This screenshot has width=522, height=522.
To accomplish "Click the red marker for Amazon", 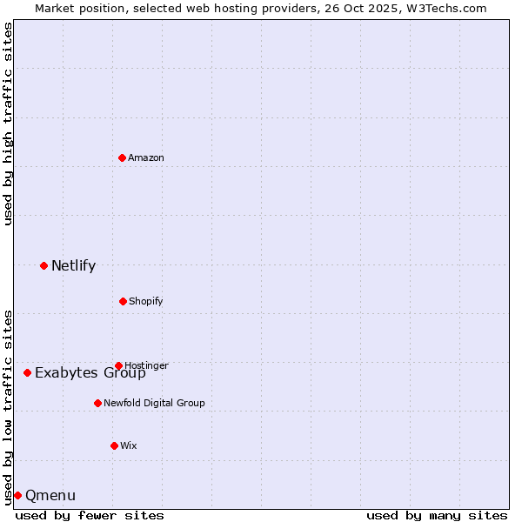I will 122,157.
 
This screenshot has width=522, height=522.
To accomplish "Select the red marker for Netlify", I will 43,265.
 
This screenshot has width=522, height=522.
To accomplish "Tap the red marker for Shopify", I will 123,301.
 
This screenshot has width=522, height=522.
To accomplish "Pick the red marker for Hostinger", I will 118,365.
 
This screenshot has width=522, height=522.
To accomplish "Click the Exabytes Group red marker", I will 27,372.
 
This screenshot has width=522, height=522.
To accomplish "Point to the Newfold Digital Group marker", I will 97,403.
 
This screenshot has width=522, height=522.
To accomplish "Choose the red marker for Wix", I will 114,445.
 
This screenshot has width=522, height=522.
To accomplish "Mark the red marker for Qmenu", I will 17,495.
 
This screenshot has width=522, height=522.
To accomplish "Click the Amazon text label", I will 146,157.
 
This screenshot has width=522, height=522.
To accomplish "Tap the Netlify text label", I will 73,265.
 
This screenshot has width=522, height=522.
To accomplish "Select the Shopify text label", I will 146,301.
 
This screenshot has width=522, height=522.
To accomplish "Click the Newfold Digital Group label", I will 154,403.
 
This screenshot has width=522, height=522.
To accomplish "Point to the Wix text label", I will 129,445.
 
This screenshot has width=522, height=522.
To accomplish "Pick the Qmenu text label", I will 50,495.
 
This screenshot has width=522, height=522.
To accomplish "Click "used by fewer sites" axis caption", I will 90,515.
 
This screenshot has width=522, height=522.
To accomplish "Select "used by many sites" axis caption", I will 437,515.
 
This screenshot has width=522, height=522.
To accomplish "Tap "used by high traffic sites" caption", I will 8,124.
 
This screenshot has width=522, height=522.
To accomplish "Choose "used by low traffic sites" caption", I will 8,406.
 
